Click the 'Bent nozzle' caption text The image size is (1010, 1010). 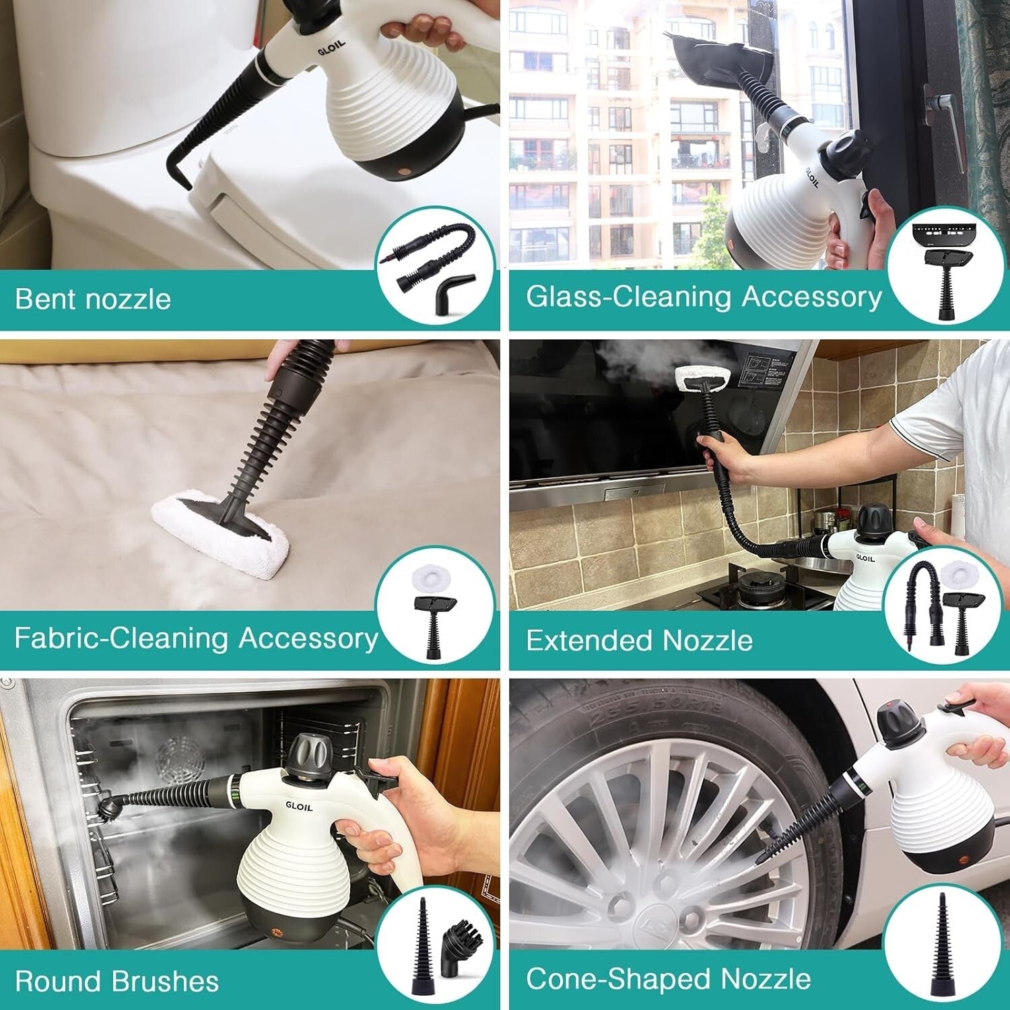pos(93,299)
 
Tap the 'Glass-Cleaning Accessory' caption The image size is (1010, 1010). pos(704,297)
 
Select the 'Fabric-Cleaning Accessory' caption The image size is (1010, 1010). pos(196,638)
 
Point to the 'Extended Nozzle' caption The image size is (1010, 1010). pos(639,640)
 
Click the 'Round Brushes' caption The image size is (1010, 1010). pos(116,981)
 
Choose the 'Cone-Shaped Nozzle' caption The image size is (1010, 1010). pos(668,979)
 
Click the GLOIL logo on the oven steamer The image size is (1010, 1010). pos(299,806)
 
